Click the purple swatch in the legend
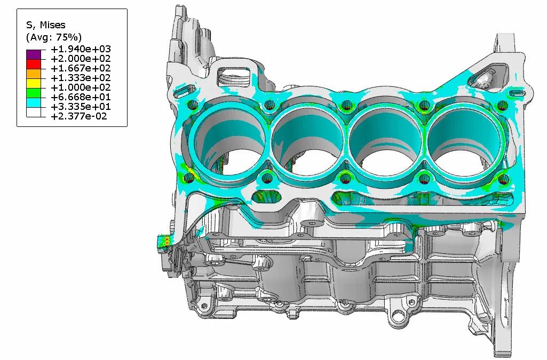tap(34, 55)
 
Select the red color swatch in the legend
tap(34, 65)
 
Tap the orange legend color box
tap(34, 74)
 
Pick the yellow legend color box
tap(34, 84)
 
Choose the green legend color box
tap(34, 93)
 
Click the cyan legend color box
tap(34, 103)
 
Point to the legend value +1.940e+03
tap(81, 49)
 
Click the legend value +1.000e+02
tap(81, 87)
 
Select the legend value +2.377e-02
tap(79, 116)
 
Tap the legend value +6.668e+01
tap(81, 97)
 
